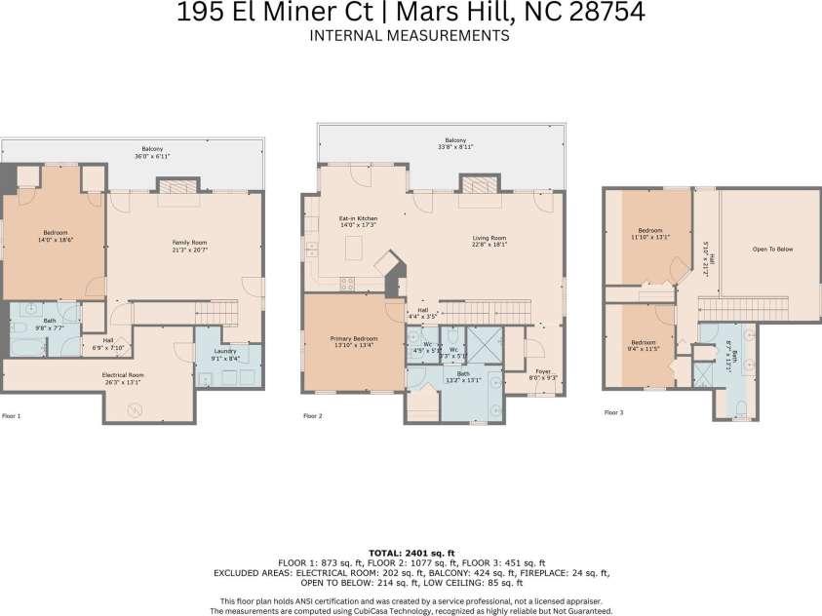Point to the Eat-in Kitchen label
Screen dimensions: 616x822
(358, 221)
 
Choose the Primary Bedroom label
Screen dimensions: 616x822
(353, 341)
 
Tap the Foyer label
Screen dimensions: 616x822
(541, 373)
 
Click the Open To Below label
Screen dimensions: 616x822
(772, 250)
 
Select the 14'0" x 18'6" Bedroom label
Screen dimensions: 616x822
(55, 235)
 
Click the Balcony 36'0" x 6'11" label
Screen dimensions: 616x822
(151, 152)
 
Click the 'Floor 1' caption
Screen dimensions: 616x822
(12, 416)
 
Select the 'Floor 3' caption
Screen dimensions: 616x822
(614, 412)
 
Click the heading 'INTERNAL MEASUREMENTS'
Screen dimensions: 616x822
(410, 36)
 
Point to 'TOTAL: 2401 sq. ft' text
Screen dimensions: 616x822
(411, 552)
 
